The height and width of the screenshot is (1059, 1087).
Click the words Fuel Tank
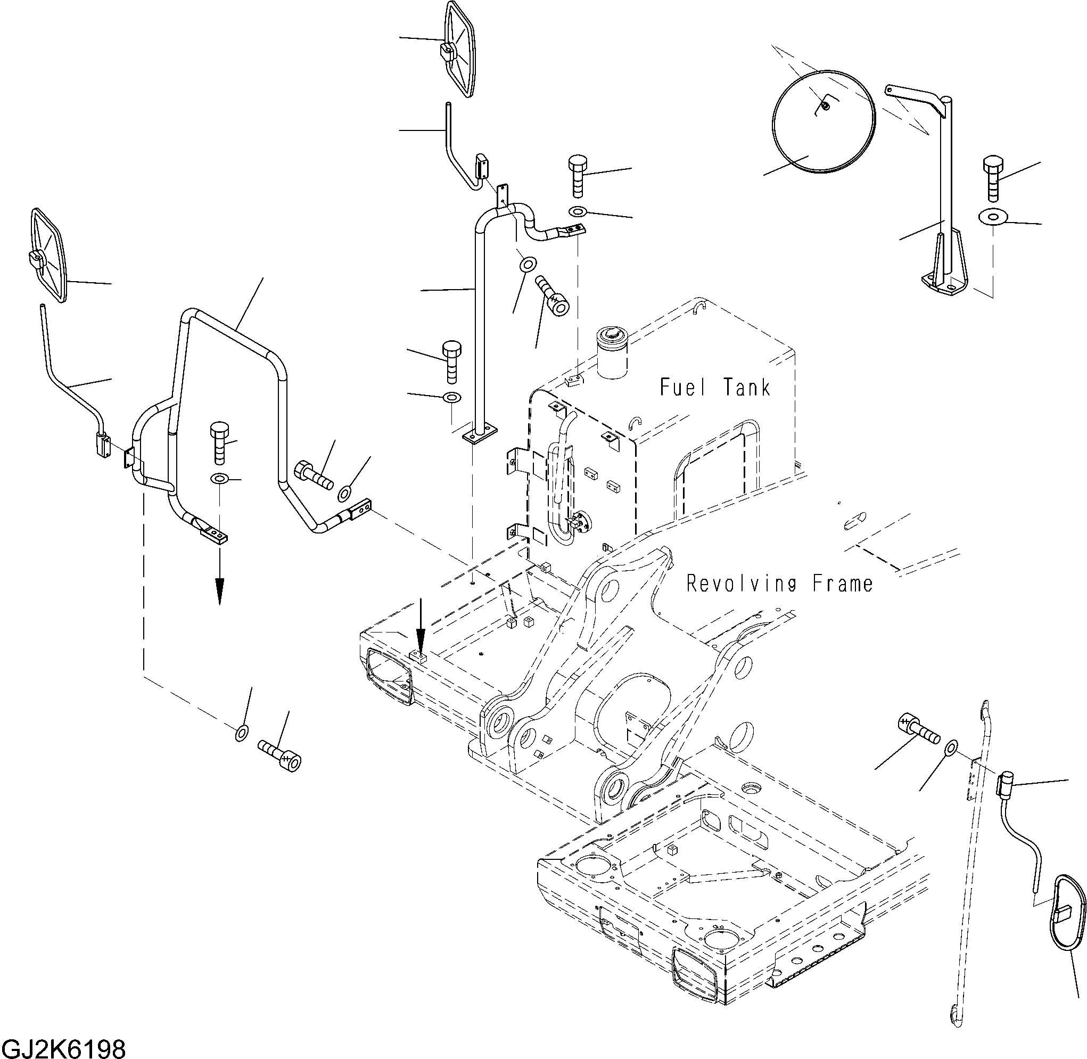tap(714, 387)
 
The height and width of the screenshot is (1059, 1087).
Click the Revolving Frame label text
tap(779, 584)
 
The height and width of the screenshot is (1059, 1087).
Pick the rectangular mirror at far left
tap(48, 255)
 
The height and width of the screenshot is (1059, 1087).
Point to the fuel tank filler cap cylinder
tap(612, 353)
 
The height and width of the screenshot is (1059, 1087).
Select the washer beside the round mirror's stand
tap(991, 216)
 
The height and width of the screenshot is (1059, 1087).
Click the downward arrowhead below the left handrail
tap(220, 589)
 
